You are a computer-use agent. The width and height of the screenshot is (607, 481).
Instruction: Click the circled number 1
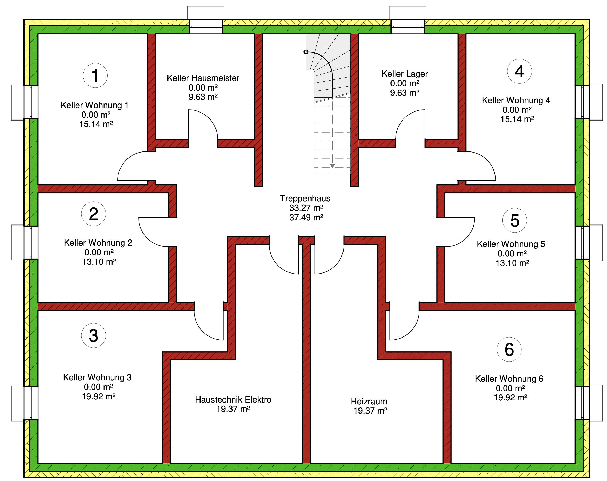[x=95, y=75]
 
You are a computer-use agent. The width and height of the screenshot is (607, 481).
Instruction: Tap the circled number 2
[x=93, y=214]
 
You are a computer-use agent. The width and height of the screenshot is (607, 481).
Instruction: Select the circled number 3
[x=93, y=335]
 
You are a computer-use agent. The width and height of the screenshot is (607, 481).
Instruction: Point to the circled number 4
[x=520, y=71]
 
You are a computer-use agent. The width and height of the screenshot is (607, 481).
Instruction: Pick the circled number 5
[x=515, y=220]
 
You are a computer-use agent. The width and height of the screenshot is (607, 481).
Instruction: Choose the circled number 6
[x=509, y=349]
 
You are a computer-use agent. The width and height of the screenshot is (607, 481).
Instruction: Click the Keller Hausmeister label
[x=203, y=78]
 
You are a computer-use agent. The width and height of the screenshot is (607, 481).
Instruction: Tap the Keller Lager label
[x=405, y=74]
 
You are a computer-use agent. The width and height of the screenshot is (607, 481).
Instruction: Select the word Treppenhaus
[x=305, y=198]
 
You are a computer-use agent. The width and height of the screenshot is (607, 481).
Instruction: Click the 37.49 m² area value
[x=306, y=217]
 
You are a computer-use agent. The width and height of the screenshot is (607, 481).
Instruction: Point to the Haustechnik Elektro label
[x=233, y=400]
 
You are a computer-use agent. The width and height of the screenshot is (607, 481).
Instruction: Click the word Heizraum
[x=369, y=401]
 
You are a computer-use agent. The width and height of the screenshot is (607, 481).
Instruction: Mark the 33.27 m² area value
[x=306, y=208]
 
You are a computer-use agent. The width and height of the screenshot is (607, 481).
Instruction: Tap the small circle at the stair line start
[x=306, y=52]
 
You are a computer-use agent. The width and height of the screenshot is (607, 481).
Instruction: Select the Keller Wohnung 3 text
[x=97, y=378]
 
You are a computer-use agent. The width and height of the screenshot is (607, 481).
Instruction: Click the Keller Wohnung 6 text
[x=509, y=379]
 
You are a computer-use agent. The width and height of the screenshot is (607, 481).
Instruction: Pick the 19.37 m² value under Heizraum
[x=370, y=411]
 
